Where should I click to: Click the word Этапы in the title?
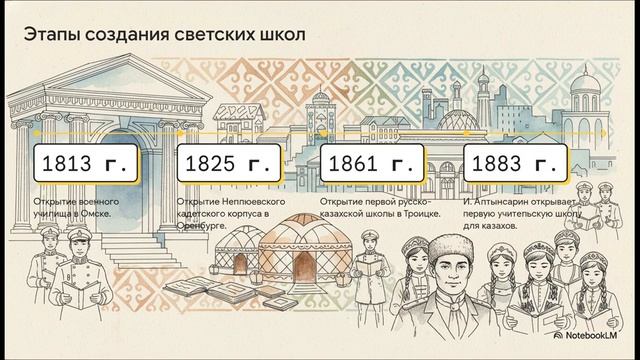pyautogui.click(x=51, y=38)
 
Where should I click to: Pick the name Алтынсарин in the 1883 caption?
pyautogui.click(x=504, y=202)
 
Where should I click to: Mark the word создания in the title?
pyautogui.click(x=122, y=38)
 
